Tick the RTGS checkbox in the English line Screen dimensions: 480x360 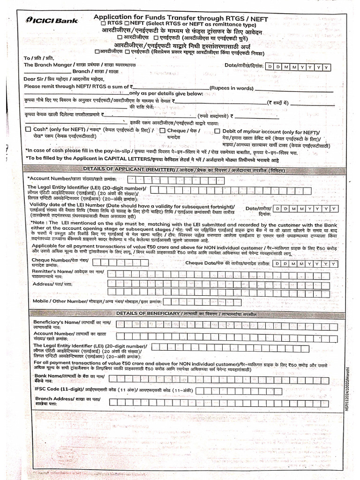coord(103,23)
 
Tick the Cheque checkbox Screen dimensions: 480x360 coord(162,130)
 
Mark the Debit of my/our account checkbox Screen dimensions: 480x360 coord(217,132)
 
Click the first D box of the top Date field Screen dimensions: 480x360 coord(270,67)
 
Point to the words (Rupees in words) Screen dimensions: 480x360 coord(232,88)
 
